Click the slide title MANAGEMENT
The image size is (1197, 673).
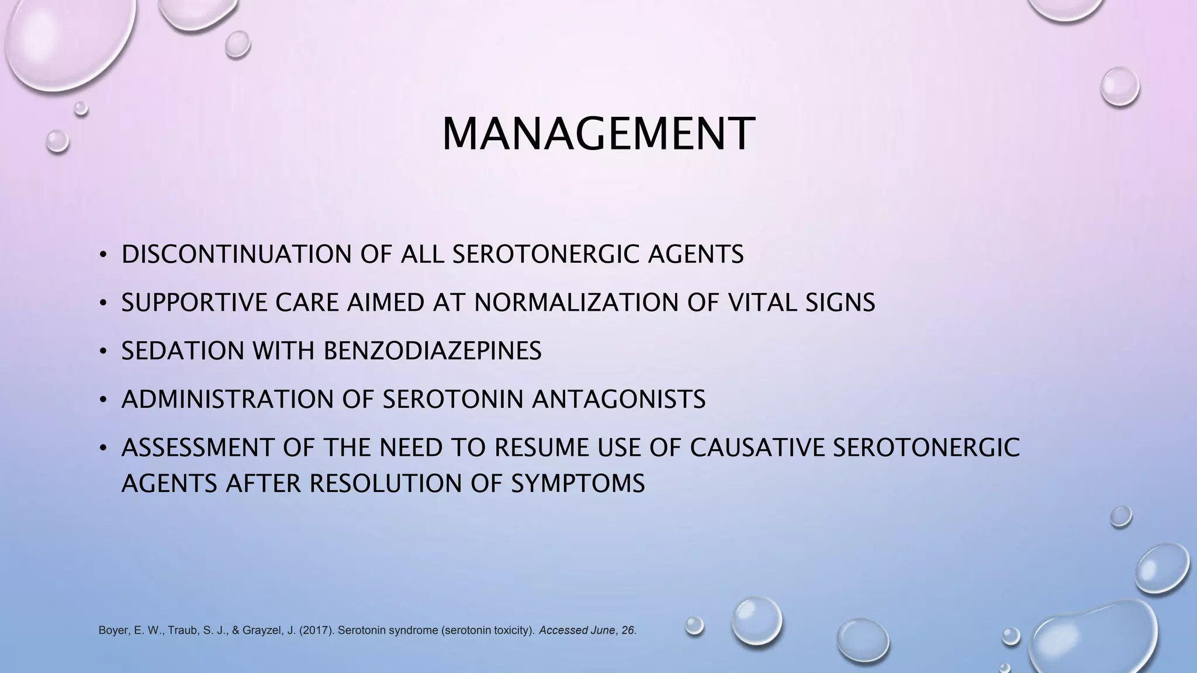click(598, 134)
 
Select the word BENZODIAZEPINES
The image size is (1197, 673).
click(432, 351)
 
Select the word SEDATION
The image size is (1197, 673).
click(182, 351)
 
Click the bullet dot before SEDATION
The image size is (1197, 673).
click(103, 351)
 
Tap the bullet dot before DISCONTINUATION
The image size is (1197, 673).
click(103, 255)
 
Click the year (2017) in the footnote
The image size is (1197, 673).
click(316, 631)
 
